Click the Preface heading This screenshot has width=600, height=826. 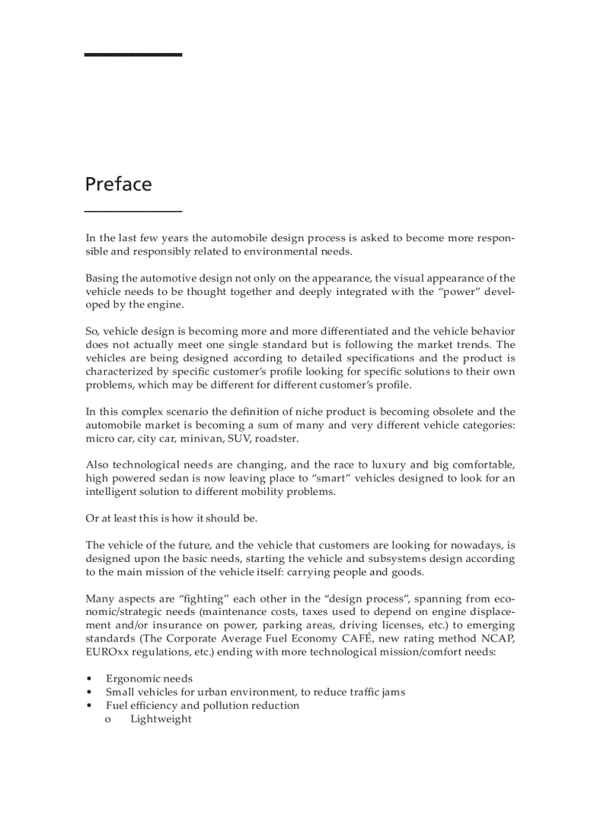(118, 184)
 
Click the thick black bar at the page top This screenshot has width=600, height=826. (133, 54)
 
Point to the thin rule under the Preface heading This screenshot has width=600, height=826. (133, 212)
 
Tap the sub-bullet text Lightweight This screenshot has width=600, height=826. (161, 719)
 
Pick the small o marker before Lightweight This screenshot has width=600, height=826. (108, 719)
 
